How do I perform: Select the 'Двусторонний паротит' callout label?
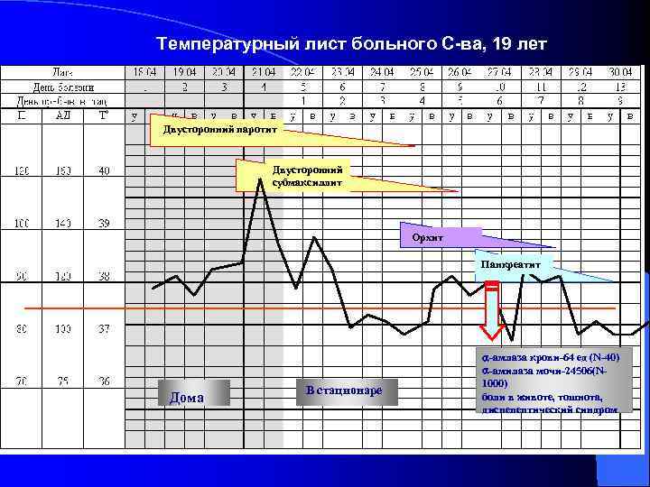pos(220,128)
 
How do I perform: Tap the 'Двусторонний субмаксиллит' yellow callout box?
pos(290,176)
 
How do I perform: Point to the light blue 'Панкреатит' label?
pos(511,266)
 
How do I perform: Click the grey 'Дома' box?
pos(193,393)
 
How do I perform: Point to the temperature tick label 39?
pos(104,224)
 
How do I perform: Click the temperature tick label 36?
pos(104,382)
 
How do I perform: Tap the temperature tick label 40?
pos(104,170)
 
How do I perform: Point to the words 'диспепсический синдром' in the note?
pos(550,409)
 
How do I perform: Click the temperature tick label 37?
pos(104,330)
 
